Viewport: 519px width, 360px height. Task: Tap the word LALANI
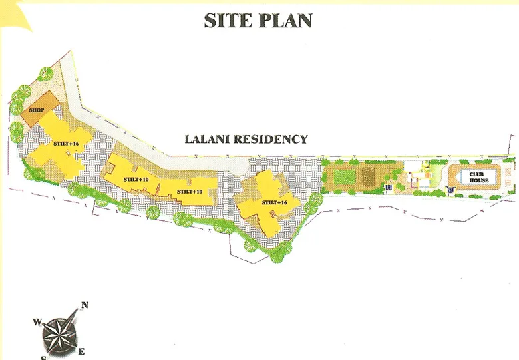pyautogui.click(x=208, y=140)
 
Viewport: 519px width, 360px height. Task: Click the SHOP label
pyautogui.click(x=36, y=111)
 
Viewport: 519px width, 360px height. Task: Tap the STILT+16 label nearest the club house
pyautogui.click(x=273, y=202)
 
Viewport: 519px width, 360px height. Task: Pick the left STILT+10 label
pyautogui.click(x=135, y=180)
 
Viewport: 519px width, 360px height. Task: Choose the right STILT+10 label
pyautogui.click(x=190, y=192)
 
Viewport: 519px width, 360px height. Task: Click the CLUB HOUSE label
pyautogui.click(x=478, y=176)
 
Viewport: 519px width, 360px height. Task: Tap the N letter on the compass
pyautogui.click(x=85, y=306)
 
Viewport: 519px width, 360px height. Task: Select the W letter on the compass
pyautogui.click(x=37, y=322)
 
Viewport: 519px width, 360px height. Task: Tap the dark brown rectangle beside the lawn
pyautogui.click(x=368, y=176)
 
